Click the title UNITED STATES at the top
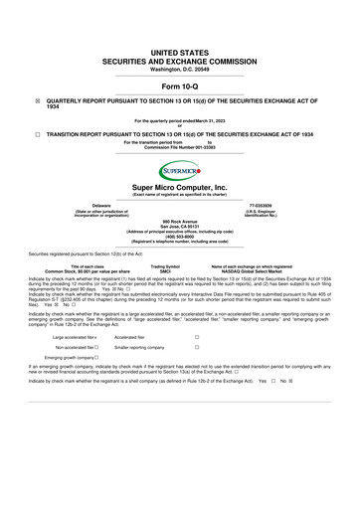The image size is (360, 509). click(x=179, y=50)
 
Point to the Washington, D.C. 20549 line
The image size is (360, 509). click(x=179, y=69)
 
